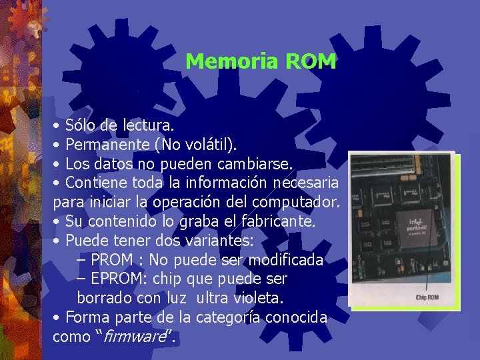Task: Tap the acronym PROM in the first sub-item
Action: point(111,259)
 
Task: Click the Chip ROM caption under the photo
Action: point(427,297)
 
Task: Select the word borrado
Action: point(105,297)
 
